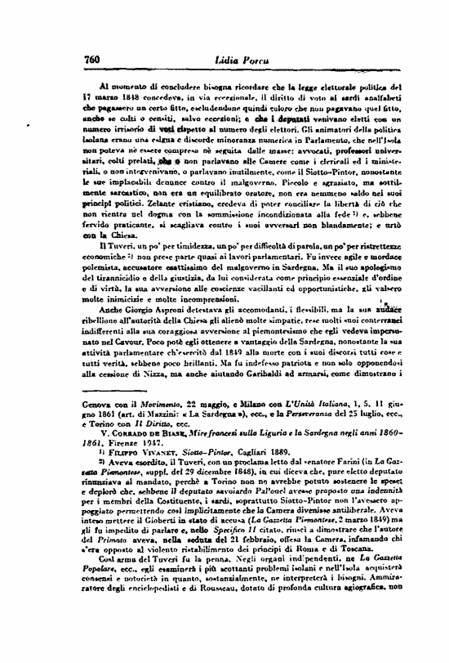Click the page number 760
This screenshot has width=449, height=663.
click(91, 60)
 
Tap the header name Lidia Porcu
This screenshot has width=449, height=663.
click(224, 60)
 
